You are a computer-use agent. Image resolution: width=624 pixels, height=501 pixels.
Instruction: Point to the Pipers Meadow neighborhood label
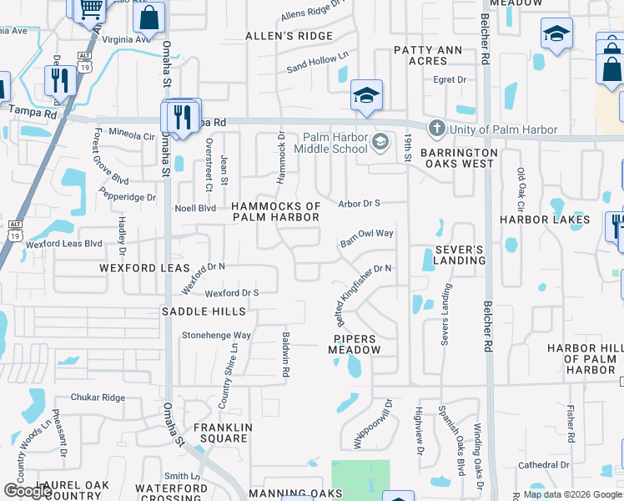pyautogui.click(x=357, y=345)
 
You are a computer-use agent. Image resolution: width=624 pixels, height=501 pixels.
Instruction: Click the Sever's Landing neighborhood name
pyautogui.click(x=459, y=255)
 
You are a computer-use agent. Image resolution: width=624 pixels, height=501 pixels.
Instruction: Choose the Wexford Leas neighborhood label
pyautogui.click(x=138, y=269)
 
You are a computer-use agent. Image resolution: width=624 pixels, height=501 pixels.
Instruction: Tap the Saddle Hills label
pyautogui.click(x=204, y=311)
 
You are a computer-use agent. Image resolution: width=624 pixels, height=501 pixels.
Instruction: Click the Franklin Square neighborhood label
pyautogui.click(x=221, y=433)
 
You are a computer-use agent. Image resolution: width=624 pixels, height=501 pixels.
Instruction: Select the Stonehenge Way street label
pyautogui.click(x=216, y=336)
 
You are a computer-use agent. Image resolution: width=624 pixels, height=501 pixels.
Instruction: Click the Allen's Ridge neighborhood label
pyautogui.click(x=289, y=36)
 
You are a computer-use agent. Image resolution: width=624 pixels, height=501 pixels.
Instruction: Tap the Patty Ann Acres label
pyautogui.click(x=427, y=56)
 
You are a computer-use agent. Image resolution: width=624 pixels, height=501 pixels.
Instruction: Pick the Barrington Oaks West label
pyautogui.click(x=459, y=159)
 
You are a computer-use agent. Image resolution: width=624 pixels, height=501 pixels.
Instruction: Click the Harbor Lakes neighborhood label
pyautogui.click(x=545, y=220)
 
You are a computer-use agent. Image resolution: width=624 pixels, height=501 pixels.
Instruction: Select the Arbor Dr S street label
pyautogui.click(x=359, y=203)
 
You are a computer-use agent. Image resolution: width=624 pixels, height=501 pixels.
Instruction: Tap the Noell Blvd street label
pyautogui.click(x=194, y=208)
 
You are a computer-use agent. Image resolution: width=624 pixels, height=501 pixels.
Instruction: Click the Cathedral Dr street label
pyautogui.click(x=543, y=465)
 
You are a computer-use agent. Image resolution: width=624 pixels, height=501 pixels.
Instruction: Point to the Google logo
pyautogui.click(x=28, y=491)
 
